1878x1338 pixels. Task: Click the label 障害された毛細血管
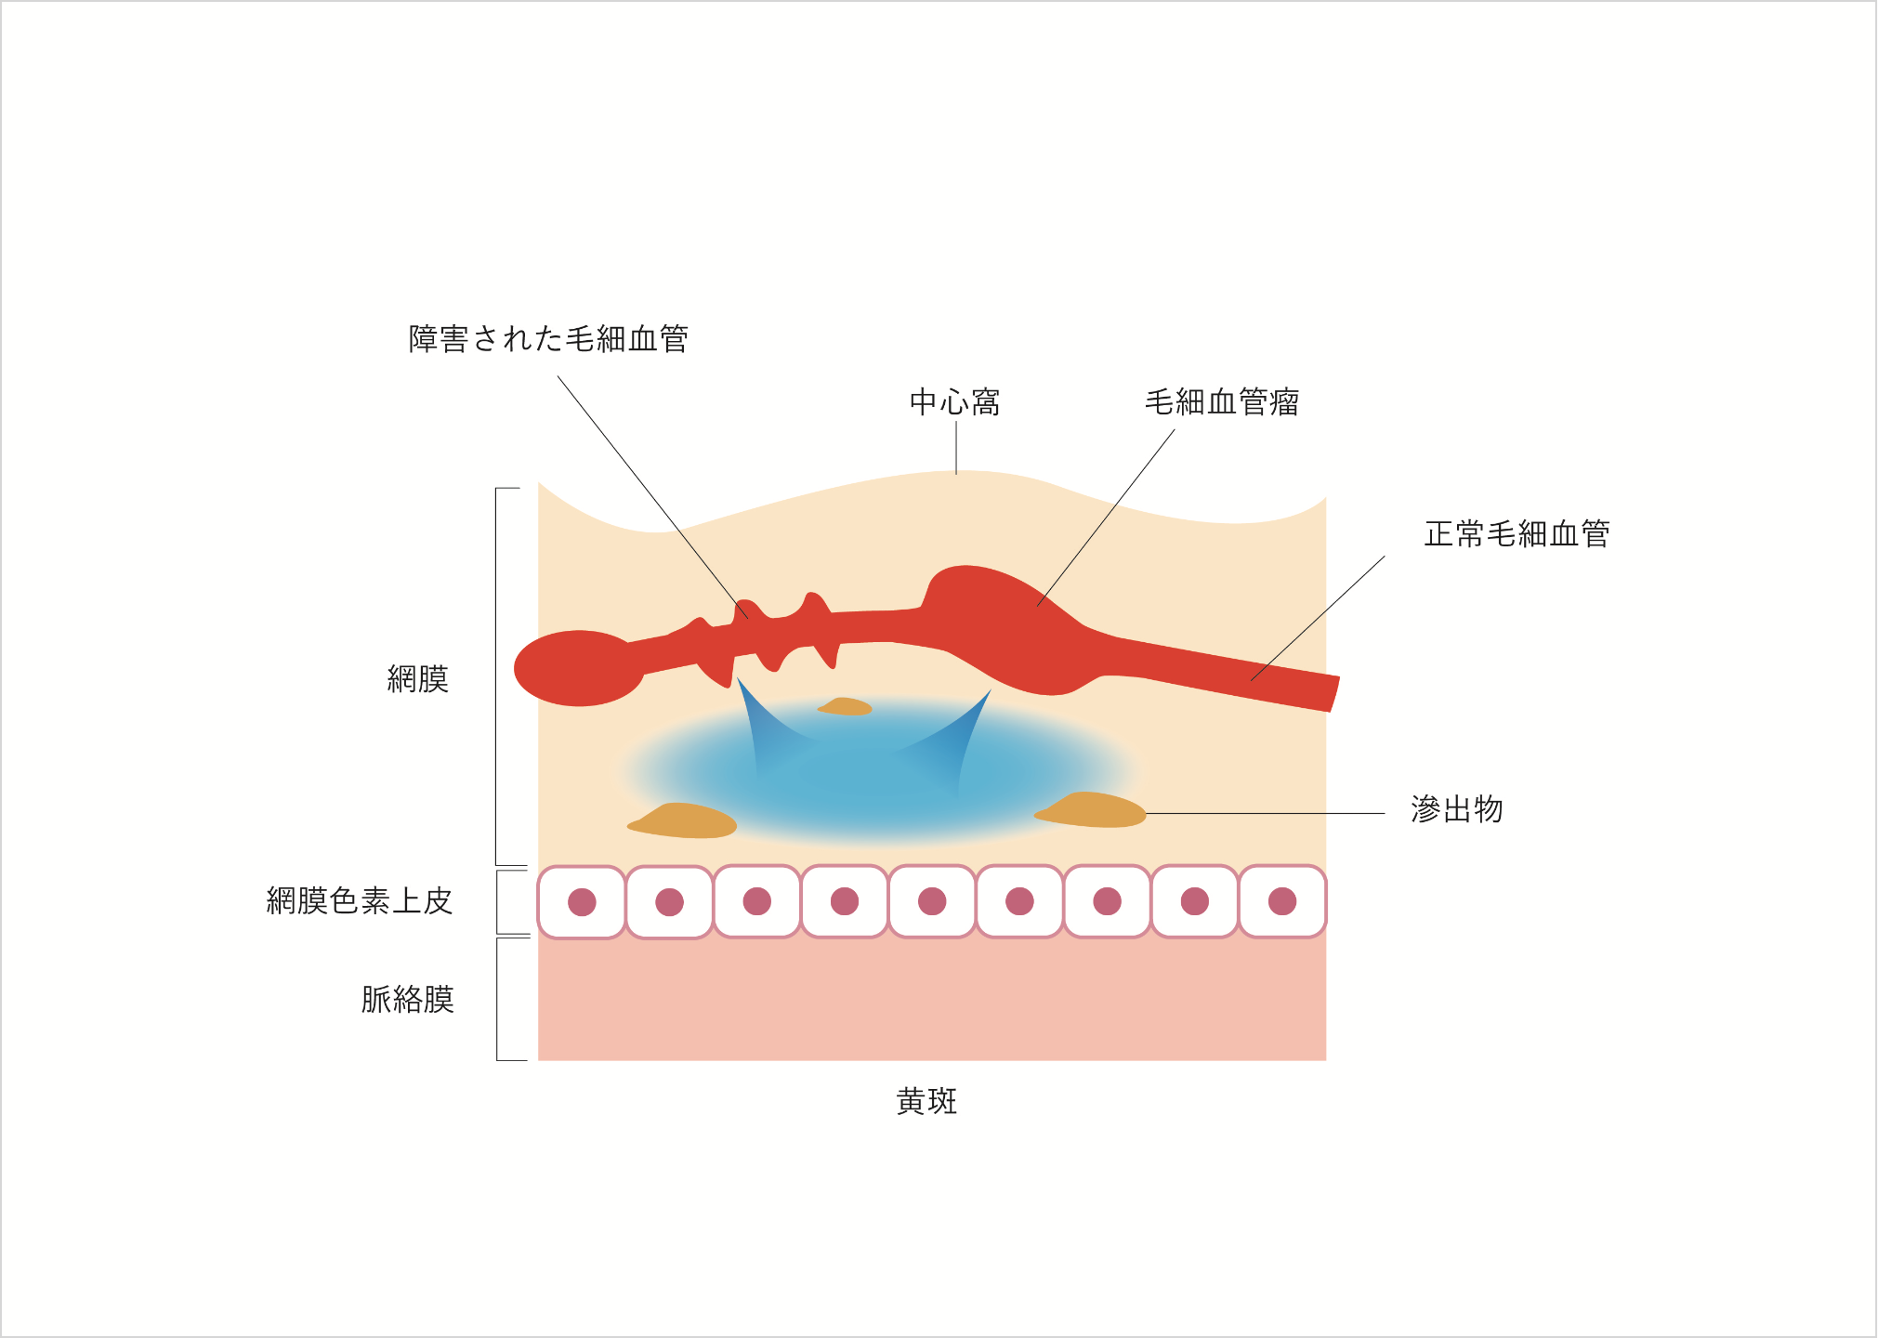click(548, 339)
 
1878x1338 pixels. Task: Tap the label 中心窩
click(954, 402)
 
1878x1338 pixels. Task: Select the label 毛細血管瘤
click(1221, 402)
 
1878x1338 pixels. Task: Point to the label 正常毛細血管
click(1517, 534)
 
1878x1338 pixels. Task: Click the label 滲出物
click(1456, 809)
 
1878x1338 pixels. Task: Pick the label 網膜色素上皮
click(359, 900)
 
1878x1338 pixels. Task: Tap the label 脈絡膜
click(407, 1000)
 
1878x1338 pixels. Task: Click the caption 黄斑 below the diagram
click(926, 1102)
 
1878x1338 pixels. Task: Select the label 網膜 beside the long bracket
click(417, 679)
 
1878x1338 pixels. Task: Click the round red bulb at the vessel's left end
click(576, 667)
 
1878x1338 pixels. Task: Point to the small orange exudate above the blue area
click(845, 707)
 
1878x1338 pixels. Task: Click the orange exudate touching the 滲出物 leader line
click(1095, 810)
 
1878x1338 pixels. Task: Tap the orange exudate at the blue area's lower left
click(685, 821)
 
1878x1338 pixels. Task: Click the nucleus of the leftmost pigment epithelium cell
click(582, 901)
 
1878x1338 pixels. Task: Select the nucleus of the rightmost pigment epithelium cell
click(1281, 900)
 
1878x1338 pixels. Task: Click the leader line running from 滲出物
click(1264, 814)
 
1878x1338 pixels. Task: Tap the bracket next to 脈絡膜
click(499, 999)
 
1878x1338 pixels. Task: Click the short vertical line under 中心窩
click(956, 447)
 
